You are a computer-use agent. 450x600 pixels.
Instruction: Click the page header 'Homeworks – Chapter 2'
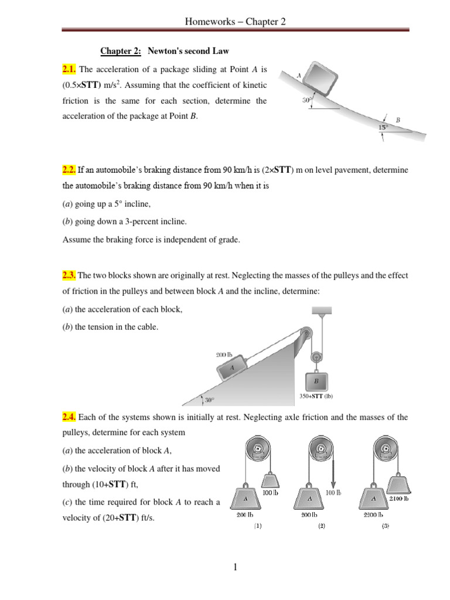235,22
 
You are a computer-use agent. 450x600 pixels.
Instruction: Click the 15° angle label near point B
383,127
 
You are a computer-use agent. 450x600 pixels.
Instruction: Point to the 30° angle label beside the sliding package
306,100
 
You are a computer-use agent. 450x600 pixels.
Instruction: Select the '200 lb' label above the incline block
224,354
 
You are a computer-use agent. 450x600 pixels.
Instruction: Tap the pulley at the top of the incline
305,336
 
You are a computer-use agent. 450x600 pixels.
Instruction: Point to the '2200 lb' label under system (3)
373,514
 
